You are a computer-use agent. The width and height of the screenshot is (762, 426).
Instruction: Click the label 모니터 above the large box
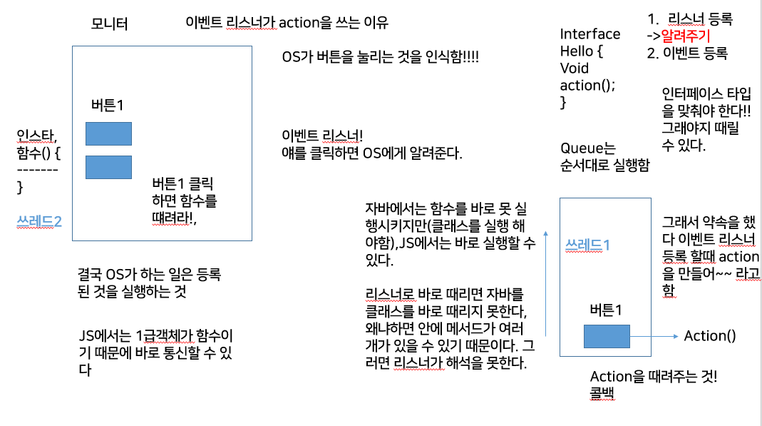pos(110,24)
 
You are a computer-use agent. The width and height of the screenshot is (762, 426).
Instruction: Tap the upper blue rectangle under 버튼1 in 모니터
pos(108,133)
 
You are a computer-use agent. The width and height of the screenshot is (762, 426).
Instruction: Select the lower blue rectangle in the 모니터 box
pos(108,166)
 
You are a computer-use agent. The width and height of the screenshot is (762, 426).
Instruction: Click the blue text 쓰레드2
pos(39,221)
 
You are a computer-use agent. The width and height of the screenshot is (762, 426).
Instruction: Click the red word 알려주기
pos(687,35)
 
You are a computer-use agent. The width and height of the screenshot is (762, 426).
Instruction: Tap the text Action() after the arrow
pos(709,335)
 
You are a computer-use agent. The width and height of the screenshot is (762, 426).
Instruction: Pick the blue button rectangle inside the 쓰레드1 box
pos(607,336)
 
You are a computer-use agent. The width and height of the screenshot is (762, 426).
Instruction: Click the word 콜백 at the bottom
pos(603,393)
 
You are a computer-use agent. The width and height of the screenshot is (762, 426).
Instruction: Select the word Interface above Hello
pos(589,34)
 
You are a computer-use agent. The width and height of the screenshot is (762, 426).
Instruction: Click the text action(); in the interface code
pos(587,85)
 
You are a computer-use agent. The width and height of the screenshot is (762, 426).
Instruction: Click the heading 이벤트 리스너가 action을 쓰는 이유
pos(286,22)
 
